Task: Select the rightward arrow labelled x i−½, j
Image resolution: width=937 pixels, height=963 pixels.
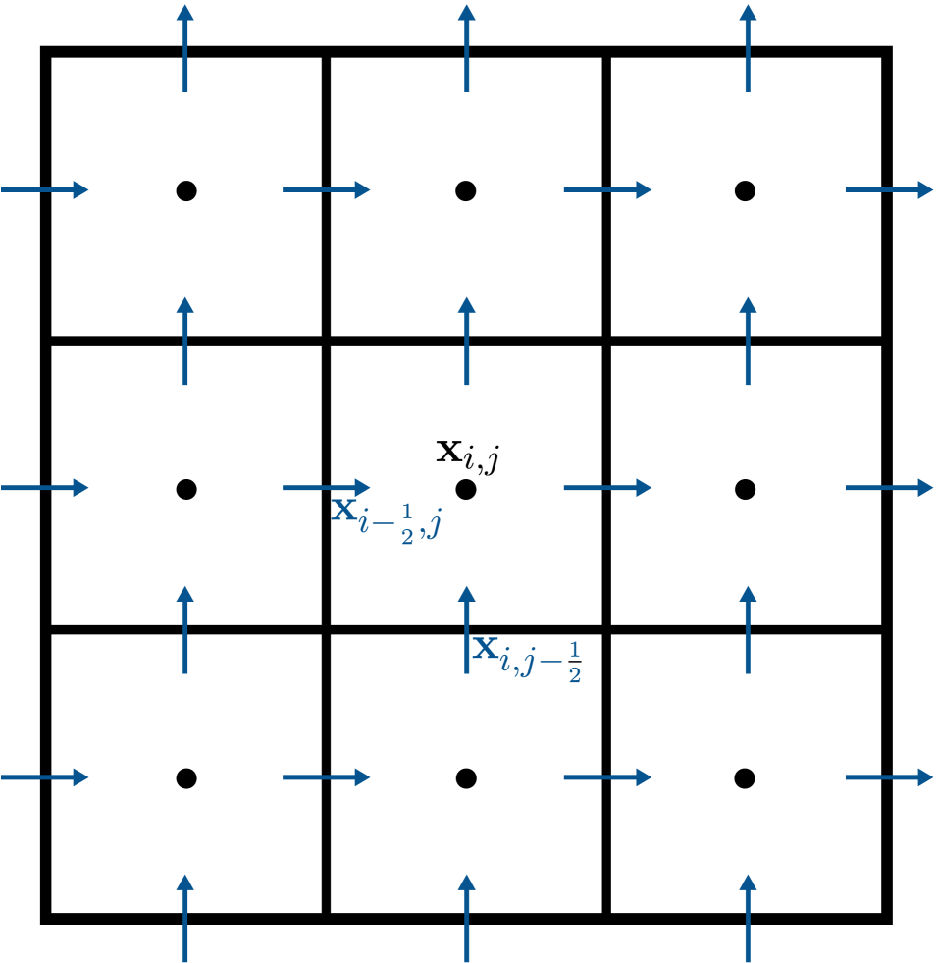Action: (x=327, y=487)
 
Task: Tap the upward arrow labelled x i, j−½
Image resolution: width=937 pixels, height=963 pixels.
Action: (x=466, y=629)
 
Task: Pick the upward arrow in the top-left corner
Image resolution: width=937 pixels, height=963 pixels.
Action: (x=185, y=48)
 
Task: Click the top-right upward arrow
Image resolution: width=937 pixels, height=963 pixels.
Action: (x=748, y=48)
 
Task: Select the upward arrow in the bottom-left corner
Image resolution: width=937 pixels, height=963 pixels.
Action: (x=185, y=919)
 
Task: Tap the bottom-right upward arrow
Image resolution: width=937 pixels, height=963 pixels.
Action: (x=748, y=919)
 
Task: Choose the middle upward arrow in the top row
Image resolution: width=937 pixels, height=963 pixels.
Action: (x=466, y=48)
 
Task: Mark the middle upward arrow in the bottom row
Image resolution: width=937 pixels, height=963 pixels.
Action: (x=466, y=919)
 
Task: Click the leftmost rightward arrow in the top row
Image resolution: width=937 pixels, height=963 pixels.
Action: (x=45, y=189)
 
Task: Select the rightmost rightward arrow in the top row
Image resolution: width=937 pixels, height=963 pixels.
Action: (x=889, y=189)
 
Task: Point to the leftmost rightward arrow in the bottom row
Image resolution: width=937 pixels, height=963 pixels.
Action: (x=45, y=777)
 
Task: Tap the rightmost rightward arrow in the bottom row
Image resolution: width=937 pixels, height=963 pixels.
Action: (x=889, y=777)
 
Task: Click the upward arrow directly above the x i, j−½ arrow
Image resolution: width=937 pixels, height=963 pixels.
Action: (x=466, y=341)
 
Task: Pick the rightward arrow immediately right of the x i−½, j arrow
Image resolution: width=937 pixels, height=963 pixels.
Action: (x=607, y=487)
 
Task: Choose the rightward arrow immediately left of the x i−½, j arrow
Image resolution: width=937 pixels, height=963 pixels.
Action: (x=45, y=487)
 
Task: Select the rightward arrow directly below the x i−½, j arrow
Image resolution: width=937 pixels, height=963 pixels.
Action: (x=327, y=777)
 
